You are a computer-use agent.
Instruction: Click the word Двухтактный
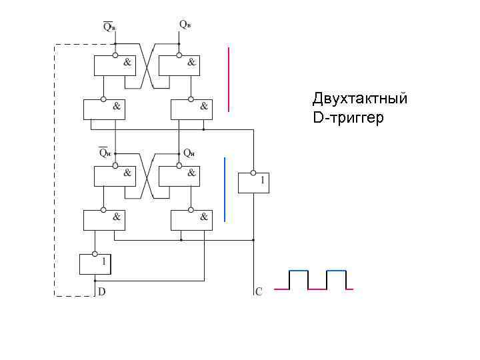(359, 99)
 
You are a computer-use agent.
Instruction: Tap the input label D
(101, 291)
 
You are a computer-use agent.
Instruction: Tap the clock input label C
(259, 291)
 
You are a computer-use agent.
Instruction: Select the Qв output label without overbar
(185, 24)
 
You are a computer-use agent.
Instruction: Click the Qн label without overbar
(189, 152)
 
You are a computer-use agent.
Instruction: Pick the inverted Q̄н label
(105, 151)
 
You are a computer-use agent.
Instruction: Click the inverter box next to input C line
(253, 181)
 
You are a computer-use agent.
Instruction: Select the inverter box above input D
(95, 264)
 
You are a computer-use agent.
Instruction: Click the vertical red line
(229, 79)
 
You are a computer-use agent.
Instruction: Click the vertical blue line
(225, 189)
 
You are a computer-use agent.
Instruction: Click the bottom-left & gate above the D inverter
(103, 219)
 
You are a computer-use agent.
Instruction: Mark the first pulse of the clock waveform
(298, 279)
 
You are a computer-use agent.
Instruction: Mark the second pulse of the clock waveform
(336, 279)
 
